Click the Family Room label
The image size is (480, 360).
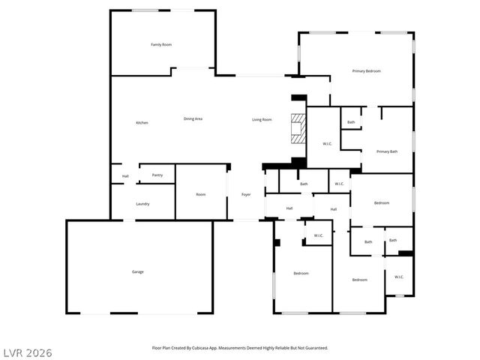point(161,45)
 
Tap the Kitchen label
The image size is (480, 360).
point(142,123)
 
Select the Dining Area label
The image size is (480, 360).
point(193,119)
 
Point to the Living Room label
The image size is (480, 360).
point(262,120)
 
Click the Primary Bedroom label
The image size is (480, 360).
point(367,71)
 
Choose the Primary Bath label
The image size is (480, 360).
point(387,151)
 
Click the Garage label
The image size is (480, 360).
point(138,271)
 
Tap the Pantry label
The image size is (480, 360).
point(157,175)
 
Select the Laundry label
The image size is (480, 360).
point(142,204)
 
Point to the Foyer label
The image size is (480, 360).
point(246,195)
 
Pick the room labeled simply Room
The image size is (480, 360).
point(201,195)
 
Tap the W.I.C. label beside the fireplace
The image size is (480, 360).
point(328,143)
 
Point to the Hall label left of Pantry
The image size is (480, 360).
point(125,177)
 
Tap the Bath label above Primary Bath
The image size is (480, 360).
point(351,122)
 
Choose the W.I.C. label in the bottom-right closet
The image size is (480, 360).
point(399,277)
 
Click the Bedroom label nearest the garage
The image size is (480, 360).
point(301,273)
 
